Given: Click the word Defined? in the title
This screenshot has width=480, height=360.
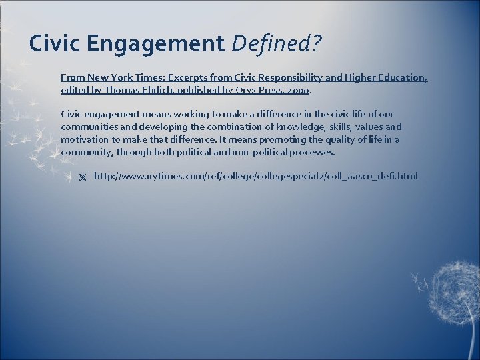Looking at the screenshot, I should [x=276, y=44].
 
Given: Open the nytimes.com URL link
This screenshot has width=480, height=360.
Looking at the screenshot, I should [x=256, y=176].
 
